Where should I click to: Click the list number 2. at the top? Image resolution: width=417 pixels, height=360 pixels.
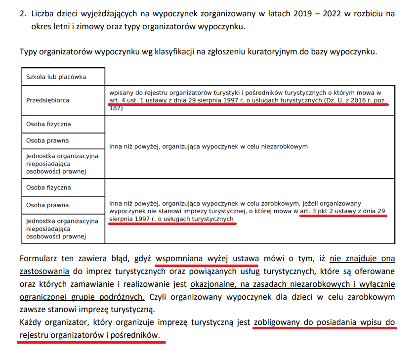[x=23, y=13]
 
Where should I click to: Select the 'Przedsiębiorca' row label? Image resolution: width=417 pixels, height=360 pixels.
[x=48, y=100]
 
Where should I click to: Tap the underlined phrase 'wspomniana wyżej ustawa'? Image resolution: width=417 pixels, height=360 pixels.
[x=207, y=258]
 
